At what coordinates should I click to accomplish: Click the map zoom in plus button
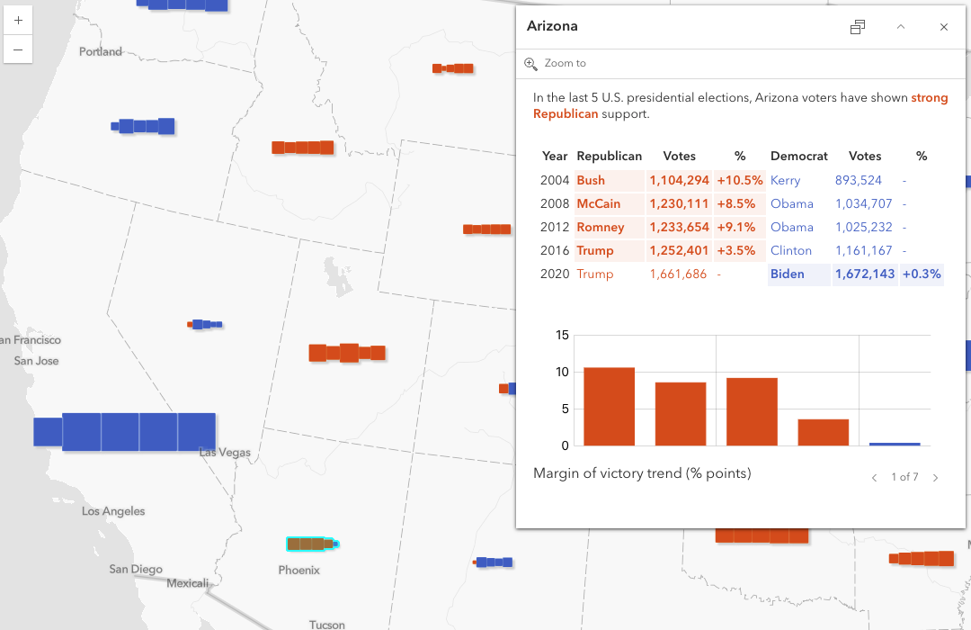click(x=18, y=20)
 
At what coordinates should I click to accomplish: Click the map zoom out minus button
click(x=18, y=49)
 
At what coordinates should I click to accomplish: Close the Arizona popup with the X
click(x=944, y=27)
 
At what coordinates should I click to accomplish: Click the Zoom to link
click(x=565, y=63)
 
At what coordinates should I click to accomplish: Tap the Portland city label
click(x=101, y=52)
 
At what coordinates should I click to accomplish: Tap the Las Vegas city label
click(x=225, y=453)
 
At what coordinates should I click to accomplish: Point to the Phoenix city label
click(x=299, y=571)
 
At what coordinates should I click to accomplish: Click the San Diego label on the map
click(x=136, y=569)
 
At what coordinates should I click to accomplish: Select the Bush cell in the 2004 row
click(x=591, y=180)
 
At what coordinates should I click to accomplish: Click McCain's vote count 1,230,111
click(x=679, y=203)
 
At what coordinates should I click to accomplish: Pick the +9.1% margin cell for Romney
click(x=740, y=227)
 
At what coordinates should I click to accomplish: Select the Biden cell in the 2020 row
click(x=787, y=274)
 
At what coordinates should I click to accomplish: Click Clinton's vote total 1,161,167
click(x=863, y=250)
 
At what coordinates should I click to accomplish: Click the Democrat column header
click(x=798, y=157)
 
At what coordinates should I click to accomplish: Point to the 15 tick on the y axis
click(x=563, y=336)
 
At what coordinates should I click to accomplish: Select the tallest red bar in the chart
click(x=609, y=406)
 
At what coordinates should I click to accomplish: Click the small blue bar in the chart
click(x=895, y=444)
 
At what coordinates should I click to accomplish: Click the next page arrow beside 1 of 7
click(x=935, y=478)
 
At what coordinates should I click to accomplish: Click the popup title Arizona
click(x=552, y=26)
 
